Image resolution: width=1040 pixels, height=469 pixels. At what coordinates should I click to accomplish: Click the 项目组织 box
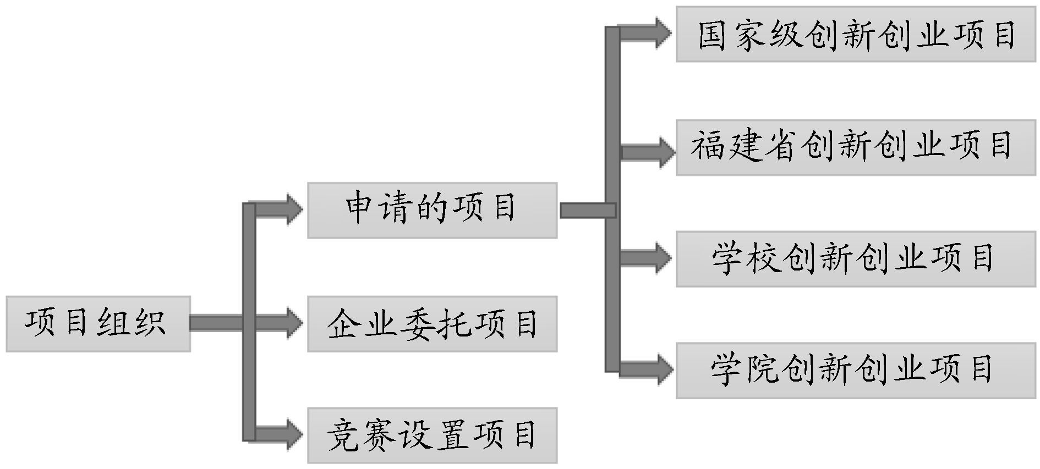[x=98, y=324]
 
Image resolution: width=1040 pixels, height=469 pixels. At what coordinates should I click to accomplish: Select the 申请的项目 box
[x=432, y=210]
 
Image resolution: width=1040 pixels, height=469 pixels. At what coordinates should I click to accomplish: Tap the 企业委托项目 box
[x=432, y=324]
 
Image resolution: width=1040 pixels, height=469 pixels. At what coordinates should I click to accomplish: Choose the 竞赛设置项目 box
[x=432, y=435]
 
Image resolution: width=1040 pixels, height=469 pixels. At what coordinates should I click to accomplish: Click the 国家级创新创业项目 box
[x=855, y=34]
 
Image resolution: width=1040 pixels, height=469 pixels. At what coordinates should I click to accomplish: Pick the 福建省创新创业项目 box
[x=855, y=147]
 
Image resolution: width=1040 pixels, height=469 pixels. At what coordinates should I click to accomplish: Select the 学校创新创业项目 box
[x=855, y=259]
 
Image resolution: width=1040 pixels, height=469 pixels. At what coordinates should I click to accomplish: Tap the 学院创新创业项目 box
[x=855, y=371]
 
